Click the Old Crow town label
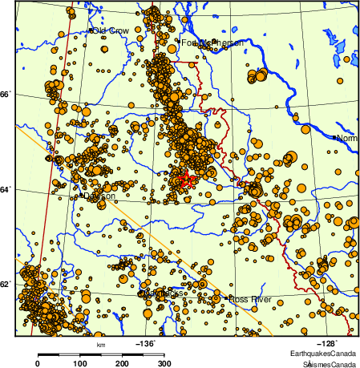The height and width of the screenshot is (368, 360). click(x=111, y=30)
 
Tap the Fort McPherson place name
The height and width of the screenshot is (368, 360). click(x=210, y=42)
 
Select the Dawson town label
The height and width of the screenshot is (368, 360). click(x=100, y=196)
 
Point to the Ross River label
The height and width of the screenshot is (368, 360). click(x=250, y=299)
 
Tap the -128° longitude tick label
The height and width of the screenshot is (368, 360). click(x=330, y=343)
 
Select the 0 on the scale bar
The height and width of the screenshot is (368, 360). click(x=38, y=364)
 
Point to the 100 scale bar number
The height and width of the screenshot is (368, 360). click(x=80, y=364)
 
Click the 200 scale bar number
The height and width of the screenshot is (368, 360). click(x=122, y=364)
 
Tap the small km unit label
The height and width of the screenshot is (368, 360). click(x=101, y=345)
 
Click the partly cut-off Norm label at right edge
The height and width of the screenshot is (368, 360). click(x=347, y=139)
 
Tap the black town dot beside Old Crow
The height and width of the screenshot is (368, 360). click(x=93, y=30)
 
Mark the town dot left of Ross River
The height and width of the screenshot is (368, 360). click(x=227, y=300)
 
